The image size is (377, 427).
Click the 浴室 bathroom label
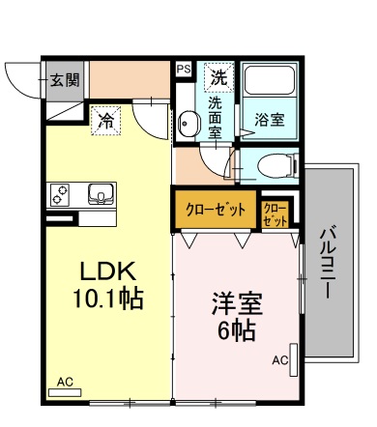(270, 120)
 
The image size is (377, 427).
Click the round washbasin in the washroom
(187, 122)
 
